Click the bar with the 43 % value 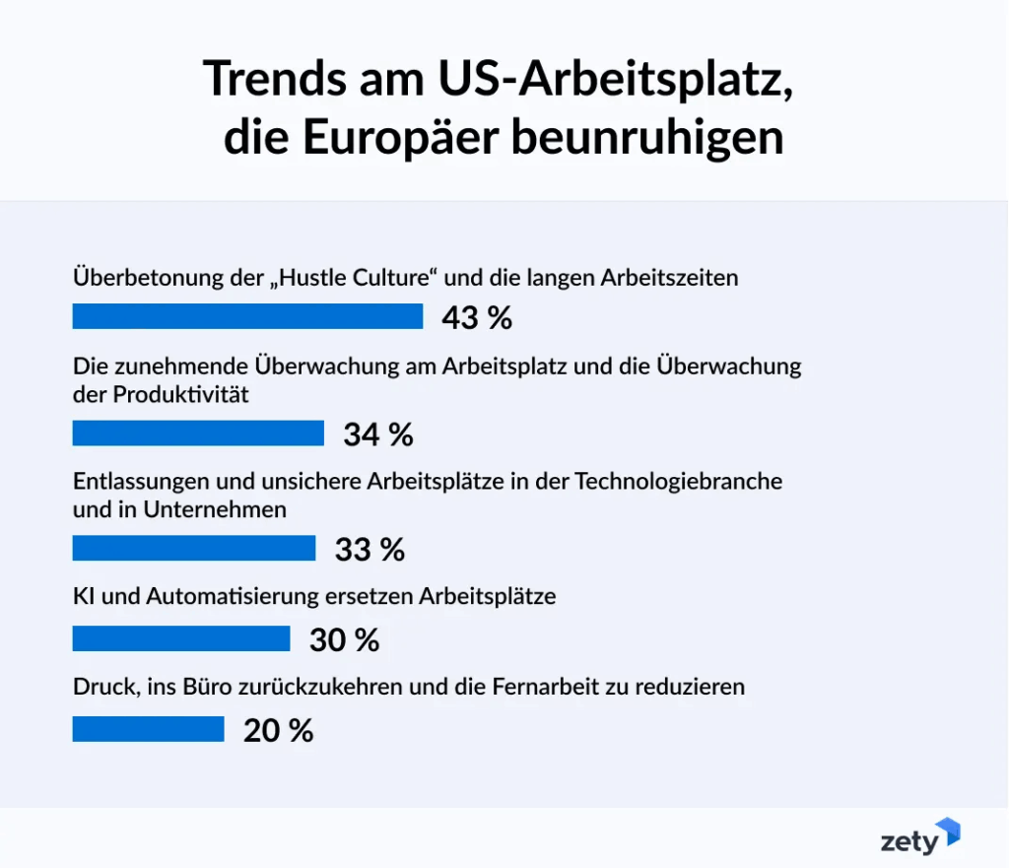(247, 316)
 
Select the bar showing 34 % (198, 434)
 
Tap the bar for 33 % (194, 548)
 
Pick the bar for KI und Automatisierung (181, 638)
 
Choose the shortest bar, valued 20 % (149, 729)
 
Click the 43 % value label (477, 318)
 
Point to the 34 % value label (378, 434)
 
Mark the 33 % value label (370, 550)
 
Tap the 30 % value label (344, 640)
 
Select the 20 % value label (279, 731)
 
